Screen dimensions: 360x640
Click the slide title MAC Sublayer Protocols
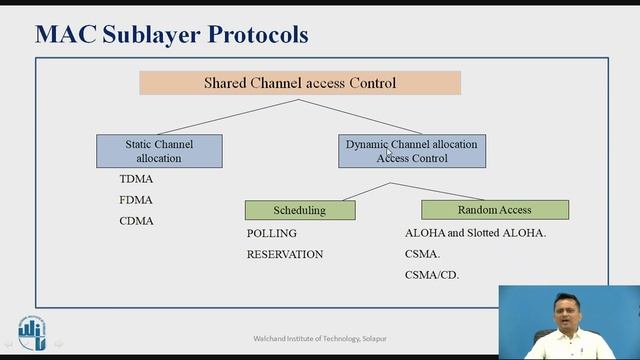pos(171,34)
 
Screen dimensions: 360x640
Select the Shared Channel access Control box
pos(300,82)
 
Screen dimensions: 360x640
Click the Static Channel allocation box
pos(159,151)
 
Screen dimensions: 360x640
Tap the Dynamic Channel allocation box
pos(412,151)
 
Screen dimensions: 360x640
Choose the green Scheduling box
pos(300,210)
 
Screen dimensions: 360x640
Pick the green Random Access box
pos(495,210)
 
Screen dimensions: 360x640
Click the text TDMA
pos(136,179)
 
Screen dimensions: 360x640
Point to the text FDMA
pos(136,200)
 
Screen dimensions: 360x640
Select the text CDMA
pos(136,221)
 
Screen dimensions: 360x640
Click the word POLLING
pos(272,233)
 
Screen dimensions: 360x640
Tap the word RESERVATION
pos(285,254)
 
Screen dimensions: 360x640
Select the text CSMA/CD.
pos(432,275)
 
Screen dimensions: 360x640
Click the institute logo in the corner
pos(31,333)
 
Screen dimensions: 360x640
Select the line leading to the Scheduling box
pos(345,192)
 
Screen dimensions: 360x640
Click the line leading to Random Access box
pos(445,192)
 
